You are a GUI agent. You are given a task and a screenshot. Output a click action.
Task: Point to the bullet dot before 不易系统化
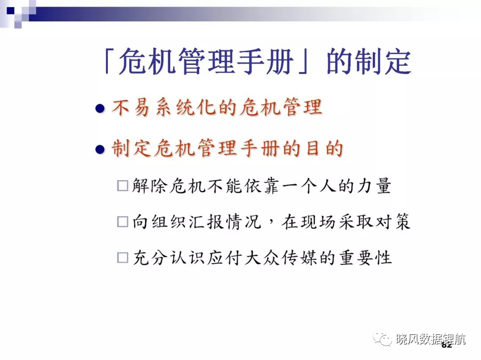coord(100,109)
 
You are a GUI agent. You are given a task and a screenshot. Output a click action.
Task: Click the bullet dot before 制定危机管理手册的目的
coord(100,149)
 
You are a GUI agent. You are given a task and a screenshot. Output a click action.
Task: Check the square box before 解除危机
coord(122,186)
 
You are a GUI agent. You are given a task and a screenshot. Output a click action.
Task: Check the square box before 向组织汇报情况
coord(122,221)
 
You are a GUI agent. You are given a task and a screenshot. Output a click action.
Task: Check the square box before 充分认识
coord(122,258)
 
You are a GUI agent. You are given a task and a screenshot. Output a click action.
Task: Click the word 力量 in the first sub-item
coord(374,185)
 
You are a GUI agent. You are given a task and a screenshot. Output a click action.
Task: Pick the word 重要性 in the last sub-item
coord(365,257)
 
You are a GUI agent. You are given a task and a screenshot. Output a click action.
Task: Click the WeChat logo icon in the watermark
coord(382,338)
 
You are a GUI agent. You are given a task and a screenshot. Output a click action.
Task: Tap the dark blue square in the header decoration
coord(11,11)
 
